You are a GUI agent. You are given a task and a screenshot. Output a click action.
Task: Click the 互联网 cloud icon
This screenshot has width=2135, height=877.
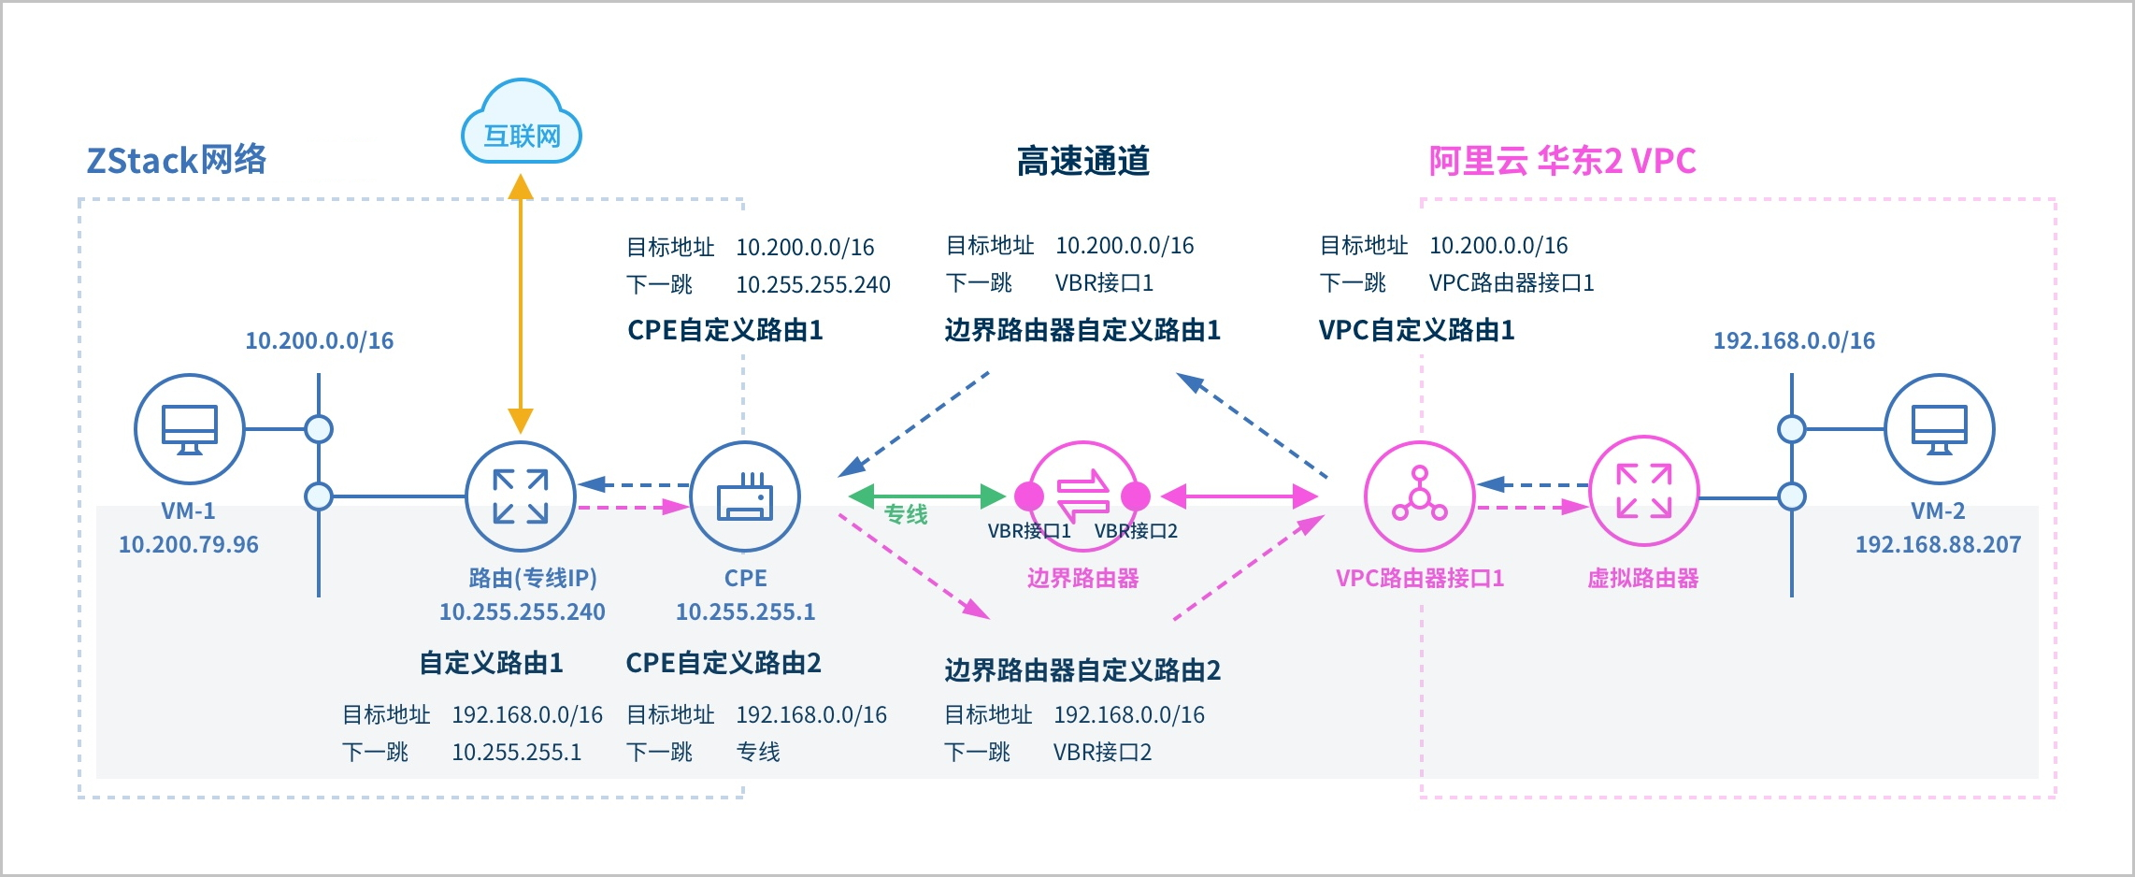522,123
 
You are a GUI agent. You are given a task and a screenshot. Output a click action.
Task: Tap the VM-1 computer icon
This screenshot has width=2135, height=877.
190,428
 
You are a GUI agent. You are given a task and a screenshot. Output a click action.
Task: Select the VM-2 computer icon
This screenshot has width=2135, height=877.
1939,428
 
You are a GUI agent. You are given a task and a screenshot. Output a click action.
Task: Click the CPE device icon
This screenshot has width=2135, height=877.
745,496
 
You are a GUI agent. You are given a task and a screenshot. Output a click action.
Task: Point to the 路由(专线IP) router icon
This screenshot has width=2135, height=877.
521,496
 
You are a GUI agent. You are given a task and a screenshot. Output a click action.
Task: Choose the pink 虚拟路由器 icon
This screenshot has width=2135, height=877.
1643,491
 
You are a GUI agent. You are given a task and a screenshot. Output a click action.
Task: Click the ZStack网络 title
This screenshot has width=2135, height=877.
177,160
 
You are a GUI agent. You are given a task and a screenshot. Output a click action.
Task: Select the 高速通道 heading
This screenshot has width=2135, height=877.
1082,161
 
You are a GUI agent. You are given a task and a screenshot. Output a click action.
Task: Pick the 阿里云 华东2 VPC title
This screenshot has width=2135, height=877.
1562,161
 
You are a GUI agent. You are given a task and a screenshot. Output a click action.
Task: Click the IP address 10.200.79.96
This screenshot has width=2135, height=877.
189,544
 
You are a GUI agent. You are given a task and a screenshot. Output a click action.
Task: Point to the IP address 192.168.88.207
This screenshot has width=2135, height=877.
1938,544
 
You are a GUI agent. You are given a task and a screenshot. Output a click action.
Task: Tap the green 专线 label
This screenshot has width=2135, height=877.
906,514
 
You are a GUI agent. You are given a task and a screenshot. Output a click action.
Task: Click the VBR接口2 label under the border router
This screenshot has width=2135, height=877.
1136,531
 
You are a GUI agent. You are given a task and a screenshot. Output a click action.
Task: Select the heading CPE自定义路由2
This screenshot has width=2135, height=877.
724,663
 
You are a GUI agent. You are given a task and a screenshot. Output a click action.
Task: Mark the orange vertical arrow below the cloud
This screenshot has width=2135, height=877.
521,304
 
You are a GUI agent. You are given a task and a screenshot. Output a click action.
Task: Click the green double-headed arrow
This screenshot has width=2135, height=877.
927,496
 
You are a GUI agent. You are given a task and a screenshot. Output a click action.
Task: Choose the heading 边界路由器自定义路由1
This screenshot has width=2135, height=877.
1082,330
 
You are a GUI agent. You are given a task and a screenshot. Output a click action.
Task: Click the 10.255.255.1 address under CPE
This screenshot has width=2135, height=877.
745,611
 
